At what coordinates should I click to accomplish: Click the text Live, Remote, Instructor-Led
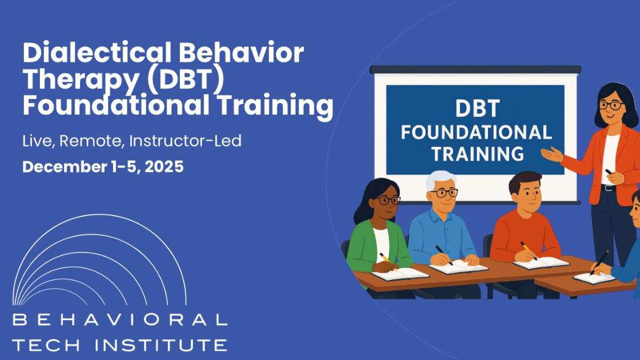(x=131, y=141)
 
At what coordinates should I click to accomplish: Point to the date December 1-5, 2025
(x=103, y=167)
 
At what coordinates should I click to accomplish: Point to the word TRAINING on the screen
(x=477, y=153)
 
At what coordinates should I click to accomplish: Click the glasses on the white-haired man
(x=443, y=193)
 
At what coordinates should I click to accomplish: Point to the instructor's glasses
(x=610, y=106)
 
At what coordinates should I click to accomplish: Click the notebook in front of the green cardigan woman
(x=400, y=273)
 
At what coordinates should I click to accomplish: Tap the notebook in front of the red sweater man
(x=540, y=262)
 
